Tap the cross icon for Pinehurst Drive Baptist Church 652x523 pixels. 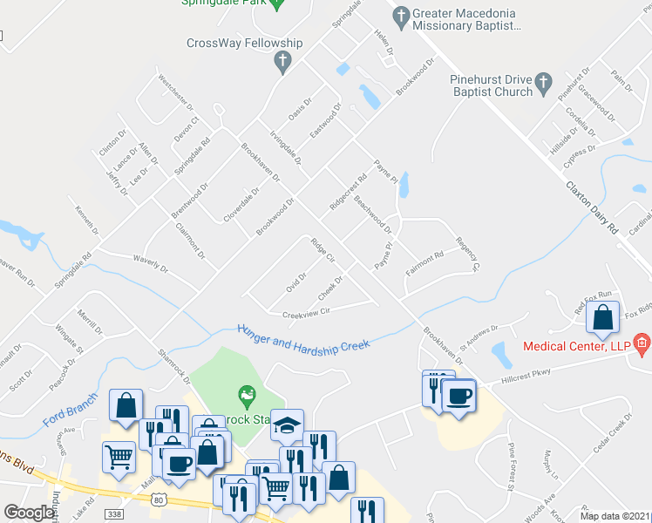click(543, 84)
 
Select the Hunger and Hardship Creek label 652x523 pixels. click(303, 336)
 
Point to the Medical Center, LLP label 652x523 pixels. click(576, 346)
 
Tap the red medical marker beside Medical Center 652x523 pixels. click(642, 344)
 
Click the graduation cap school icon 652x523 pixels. click(287, 424)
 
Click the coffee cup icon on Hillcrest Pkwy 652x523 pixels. click(458, 395)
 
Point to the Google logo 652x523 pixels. click(29, 513)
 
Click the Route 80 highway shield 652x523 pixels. click(157, 499)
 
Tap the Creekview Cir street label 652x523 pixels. click(305, 312)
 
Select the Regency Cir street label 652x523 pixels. click(468, 252)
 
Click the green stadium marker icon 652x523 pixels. click(248, 395)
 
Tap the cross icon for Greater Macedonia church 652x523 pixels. click(401, 15)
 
